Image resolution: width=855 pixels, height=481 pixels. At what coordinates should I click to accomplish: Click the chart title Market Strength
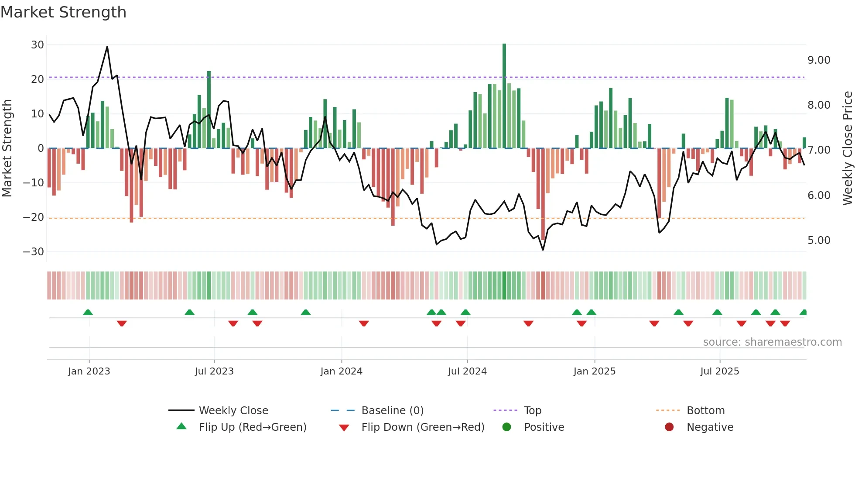pyautogui.click(x=63, y=12)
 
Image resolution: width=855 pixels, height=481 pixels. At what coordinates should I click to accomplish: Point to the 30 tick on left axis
pyautogui.click(x=38, y=45)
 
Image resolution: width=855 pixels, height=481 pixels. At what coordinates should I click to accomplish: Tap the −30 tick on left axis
pyautogui.click(x=34, y=252)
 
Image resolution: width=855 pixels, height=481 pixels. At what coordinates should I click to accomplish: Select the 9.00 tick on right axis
pyautogui.click(x=819, y=60)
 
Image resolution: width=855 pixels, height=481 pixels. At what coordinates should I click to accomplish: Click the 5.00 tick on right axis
pyautogui.click(x=819, y=240)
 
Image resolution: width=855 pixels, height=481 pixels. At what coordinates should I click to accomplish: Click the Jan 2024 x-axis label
pyautogui.click(x=341, y=371)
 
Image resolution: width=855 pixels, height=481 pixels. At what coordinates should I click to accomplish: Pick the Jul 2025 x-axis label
pyautogui.click(x=719, y=371)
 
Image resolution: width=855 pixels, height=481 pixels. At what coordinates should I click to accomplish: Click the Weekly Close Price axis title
pyautogui.click(x=847, y=148)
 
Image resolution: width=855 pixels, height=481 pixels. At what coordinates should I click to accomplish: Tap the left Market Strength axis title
pyautogui.click(x=7, y=148)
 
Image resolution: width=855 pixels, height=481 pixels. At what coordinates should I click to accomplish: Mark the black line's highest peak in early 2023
pyautogui.click(x=107, y=47)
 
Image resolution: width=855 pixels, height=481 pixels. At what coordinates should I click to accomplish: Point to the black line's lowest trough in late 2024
pyautogui.click(x=543, y=250)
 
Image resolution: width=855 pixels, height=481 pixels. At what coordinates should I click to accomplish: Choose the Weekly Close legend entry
pyautogui.click(x=233, y=411)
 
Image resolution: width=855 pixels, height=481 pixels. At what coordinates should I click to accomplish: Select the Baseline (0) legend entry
pyautogui.click(x=392, y=411)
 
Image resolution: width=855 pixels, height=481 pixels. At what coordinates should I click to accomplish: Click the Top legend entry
pyautogui.click(x=532, y=411)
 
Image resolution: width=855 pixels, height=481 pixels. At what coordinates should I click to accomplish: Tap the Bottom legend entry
pyautogui.click(x=705, y=411)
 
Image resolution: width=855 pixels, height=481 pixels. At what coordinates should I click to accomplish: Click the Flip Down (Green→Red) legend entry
pyautogui.click(x=422, y=427)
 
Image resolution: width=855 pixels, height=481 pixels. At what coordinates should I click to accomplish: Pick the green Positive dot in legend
pyautogui.click(x=506, y=427)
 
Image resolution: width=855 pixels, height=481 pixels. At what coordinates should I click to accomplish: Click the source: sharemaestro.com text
pyautogui.click(x=772, y=342)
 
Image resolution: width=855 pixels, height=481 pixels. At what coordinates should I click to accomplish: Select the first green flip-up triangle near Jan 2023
pyautogui.click(x=88, y=312)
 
